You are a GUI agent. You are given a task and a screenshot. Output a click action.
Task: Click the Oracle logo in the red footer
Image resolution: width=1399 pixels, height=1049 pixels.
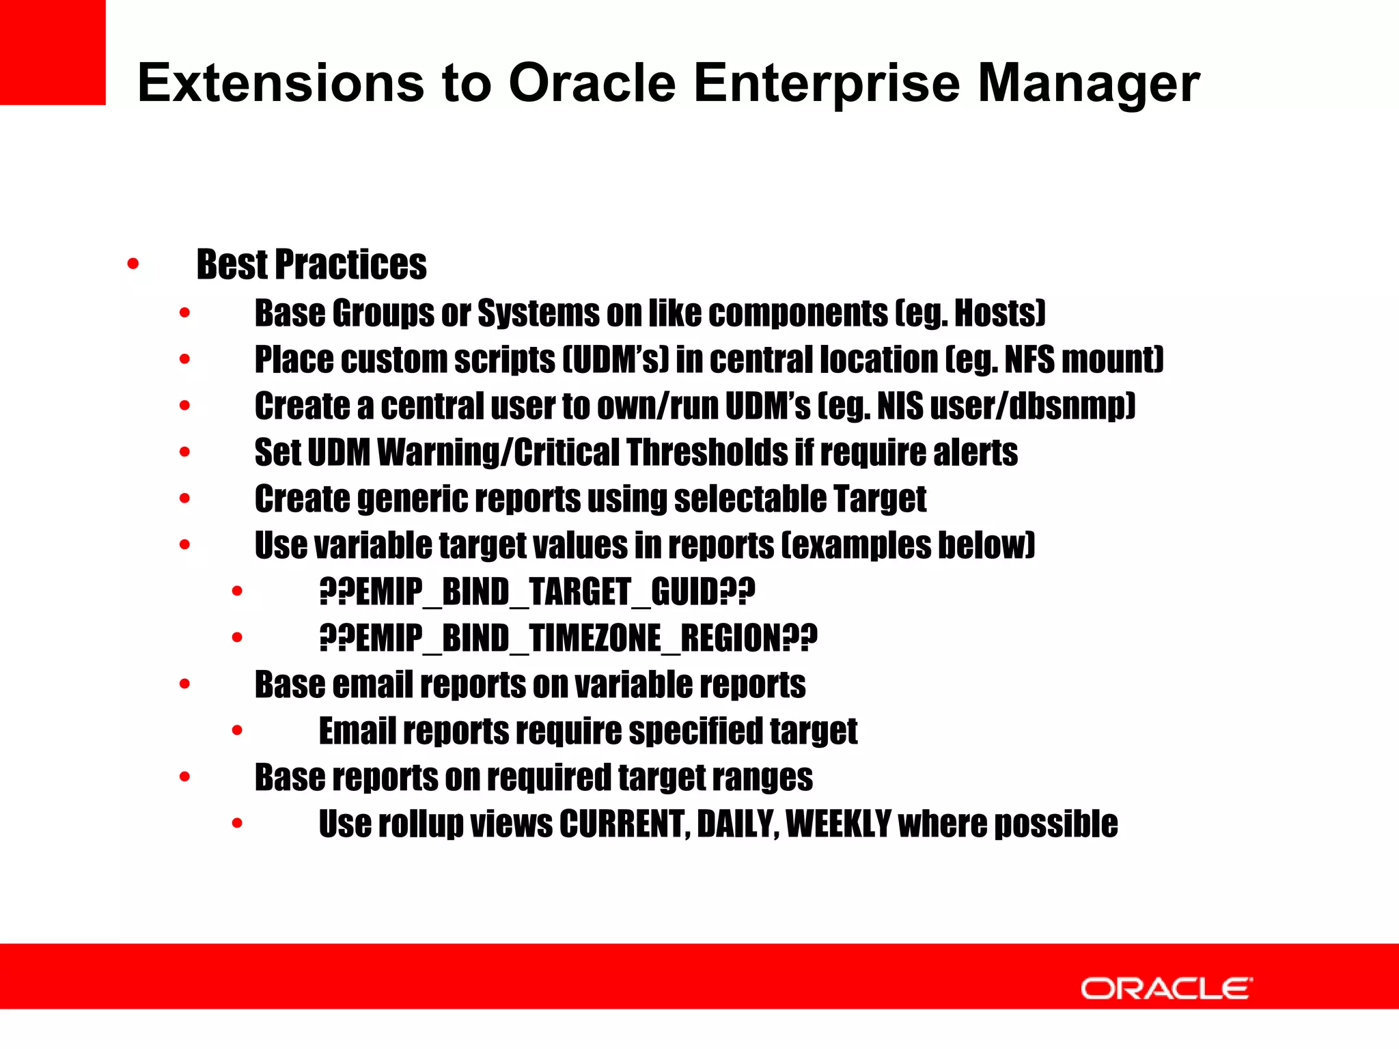[1166, 988]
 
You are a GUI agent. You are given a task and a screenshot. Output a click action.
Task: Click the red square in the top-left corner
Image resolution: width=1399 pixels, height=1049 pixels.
[53, 52]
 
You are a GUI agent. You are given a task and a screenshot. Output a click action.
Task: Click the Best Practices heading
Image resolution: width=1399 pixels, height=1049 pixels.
[311, 265]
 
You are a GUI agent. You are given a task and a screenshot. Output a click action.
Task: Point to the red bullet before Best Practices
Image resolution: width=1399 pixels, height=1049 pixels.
[133, 264]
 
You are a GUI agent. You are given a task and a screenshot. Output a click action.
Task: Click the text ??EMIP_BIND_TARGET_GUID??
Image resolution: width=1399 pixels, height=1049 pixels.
[537, 592]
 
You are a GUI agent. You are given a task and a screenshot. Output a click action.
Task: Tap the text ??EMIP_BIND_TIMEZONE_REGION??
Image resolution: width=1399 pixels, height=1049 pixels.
[568, 639]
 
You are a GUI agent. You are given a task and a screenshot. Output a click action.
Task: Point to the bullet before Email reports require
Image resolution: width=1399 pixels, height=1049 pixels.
[237, 731]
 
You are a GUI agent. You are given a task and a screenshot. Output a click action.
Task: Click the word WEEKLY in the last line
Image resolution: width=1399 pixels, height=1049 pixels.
[838, 824]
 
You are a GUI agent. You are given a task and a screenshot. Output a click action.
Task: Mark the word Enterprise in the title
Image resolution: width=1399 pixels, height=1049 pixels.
[827, 83]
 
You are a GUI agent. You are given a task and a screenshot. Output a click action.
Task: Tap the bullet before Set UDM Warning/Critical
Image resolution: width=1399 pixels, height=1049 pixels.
[184, 452]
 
